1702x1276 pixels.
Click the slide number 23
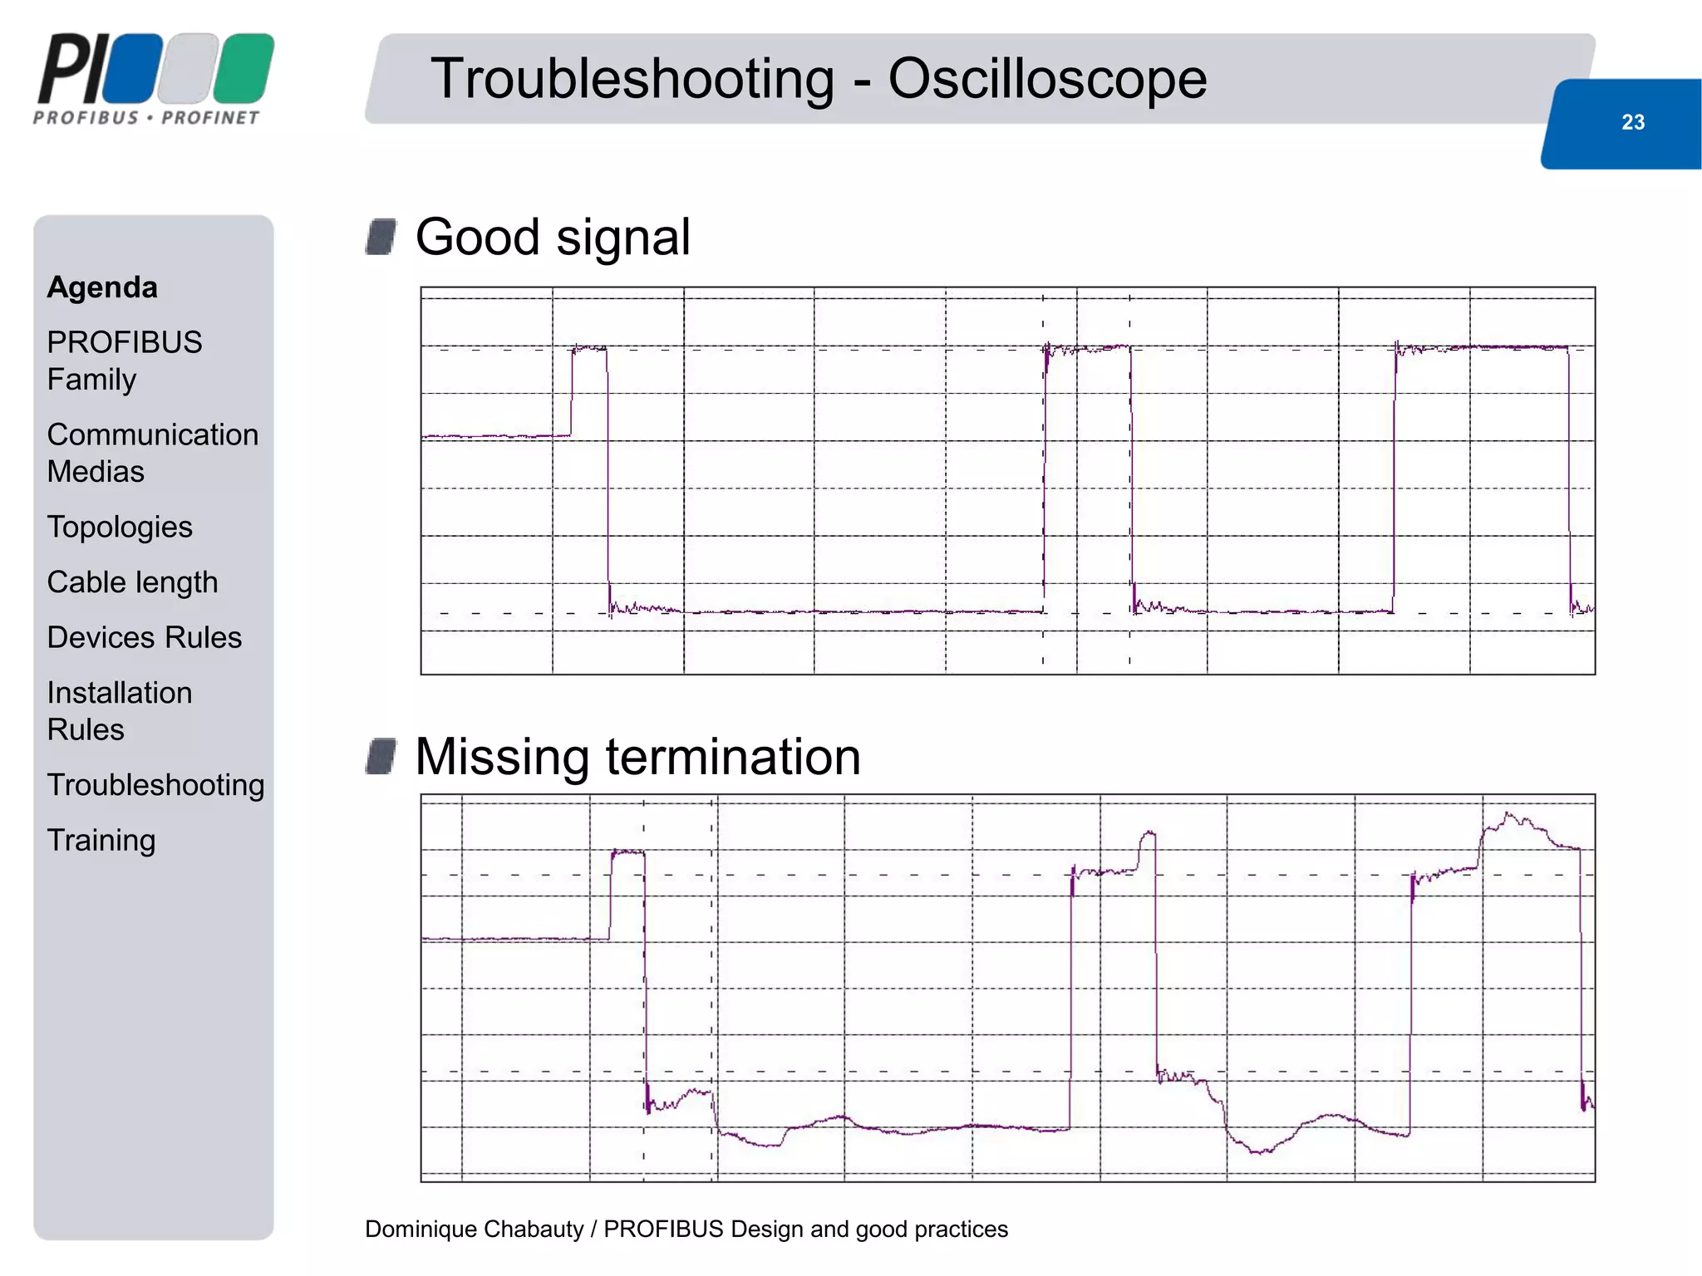(x=1632, y=122)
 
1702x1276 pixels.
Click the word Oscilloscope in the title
(x=1047, y=79)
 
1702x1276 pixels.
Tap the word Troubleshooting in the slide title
(x=632, y=79)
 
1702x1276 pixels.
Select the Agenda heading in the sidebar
(x=102, y=287)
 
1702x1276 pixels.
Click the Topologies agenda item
(x=120, y=527)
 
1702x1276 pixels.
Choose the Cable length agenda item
(x=132, y=582)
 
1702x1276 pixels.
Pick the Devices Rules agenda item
(x=144, y=637)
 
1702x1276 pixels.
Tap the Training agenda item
(x=101, y=840)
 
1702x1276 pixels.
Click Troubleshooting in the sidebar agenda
(x=155, y=785)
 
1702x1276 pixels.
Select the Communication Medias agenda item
(x=152, y=453)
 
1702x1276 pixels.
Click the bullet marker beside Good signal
(x=381, y=237)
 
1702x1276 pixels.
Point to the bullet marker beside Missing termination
(x=381, y=756)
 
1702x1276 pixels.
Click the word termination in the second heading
(x=732, y=757)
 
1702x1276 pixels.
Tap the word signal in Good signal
(x=622, y=238)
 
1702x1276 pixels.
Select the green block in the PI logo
(x=243, y=68)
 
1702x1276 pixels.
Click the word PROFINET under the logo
(x=210, y=118)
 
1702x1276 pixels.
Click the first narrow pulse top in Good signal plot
(x=589, y=347)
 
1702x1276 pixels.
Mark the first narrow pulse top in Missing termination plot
(x=627, y=851)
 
